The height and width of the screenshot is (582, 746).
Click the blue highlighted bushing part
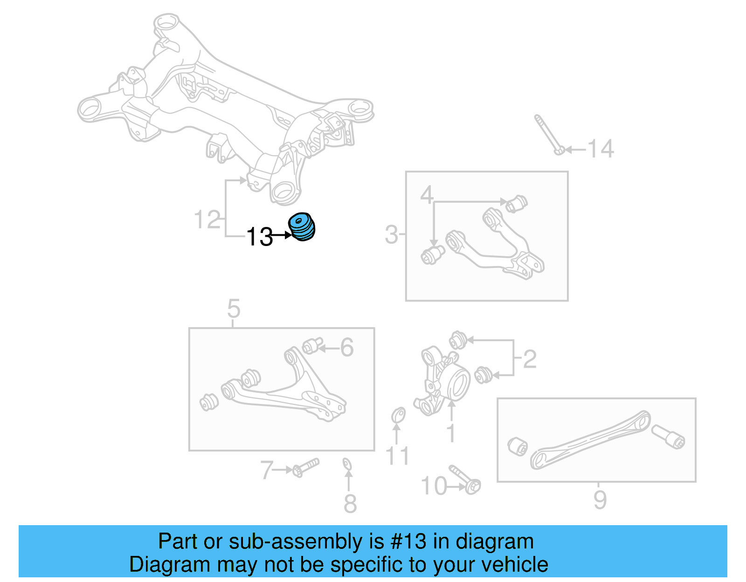pyautogui.click(x=302, y=227)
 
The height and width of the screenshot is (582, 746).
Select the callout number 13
pyautogui.click(x=259, y=237)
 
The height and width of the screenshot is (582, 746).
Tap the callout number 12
pyautogui.click(x=207, y=219)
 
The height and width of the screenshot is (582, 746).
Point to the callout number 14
pyautogui.click(x=601, y=149)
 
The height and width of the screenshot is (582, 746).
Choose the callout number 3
pyautogui.click(x=391, y=234)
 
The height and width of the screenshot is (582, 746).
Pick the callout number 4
pyautogui.click(x=427, y=195)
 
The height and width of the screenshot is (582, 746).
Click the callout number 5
pyautogui.click(x=234, y=308)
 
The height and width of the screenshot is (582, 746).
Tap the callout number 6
pyautogui.click(x=347, y=348)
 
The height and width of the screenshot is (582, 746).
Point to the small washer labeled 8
pyautogui.click(x=347, y=464)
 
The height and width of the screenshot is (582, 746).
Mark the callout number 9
pyautogui.click(x=600, y=500)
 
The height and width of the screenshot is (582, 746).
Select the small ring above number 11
pyautogui.click(x=398, y=414)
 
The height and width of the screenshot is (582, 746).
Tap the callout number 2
pyautogui.click(x=530, y=359)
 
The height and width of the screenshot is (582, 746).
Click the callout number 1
pyautogui.click(x=451, y=433)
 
